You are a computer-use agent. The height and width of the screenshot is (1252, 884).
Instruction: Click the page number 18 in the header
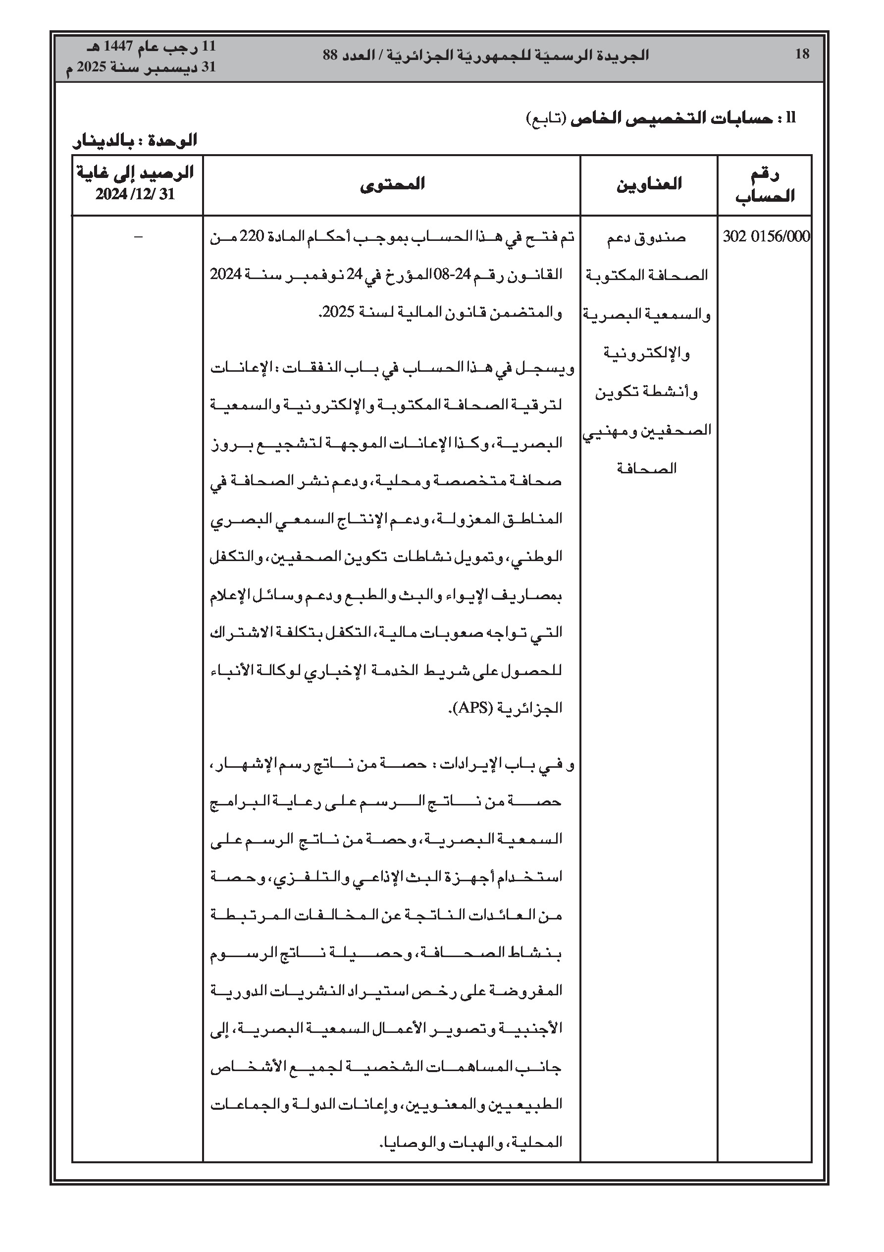(802, 54)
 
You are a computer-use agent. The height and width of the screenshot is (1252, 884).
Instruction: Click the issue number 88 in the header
(331, 55)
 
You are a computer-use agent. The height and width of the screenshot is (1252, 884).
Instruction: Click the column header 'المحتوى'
(392, 184)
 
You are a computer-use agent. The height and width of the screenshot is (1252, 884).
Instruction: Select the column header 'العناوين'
(649, 184)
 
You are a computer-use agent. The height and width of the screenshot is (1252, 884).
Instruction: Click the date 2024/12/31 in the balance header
(135, 195)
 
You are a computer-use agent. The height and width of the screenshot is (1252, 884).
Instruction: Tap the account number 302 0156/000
(766, 236)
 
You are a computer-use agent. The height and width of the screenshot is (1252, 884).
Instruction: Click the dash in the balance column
(137, 236)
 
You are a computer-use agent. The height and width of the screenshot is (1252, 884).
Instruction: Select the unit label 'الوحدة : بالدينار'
(135, 141)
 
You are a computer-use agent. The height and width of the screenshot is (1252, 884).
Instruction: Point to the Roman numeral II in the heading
(791, 117)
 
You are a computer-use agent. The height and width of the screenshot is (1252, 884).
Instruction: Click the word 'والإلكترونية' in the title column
(647, 353)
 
